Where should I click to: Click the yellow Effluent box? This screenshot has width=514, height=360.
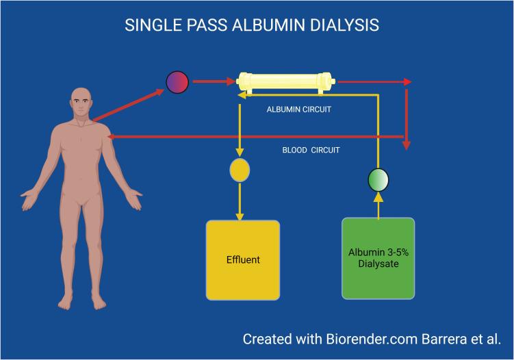click(242, 260)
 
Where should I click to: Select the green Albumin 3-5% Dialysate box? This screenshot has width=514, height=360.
click(378, 258)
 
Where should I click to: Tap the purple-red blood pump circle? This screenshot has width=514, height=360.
click(177, 82)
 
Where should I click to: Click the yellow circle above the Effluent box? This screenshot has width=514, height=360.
click(240, 170)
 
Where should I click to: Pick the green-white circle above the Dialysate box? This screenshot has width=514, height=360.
click(378, 179)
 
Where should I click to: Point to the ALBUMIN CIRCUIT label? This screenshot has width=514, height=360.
click(299, 109)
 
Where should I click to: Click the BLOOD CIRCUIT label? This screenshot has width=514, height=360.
click(311, 150)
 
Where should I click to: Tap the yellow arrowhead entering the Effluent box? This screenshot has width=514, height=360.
click(240, 216)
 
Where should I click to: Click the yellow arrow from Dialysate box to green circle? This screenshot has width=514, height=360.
click(378, 205)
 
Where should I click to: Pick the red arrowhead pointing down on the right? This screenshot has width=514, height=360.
click(407, 144)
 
